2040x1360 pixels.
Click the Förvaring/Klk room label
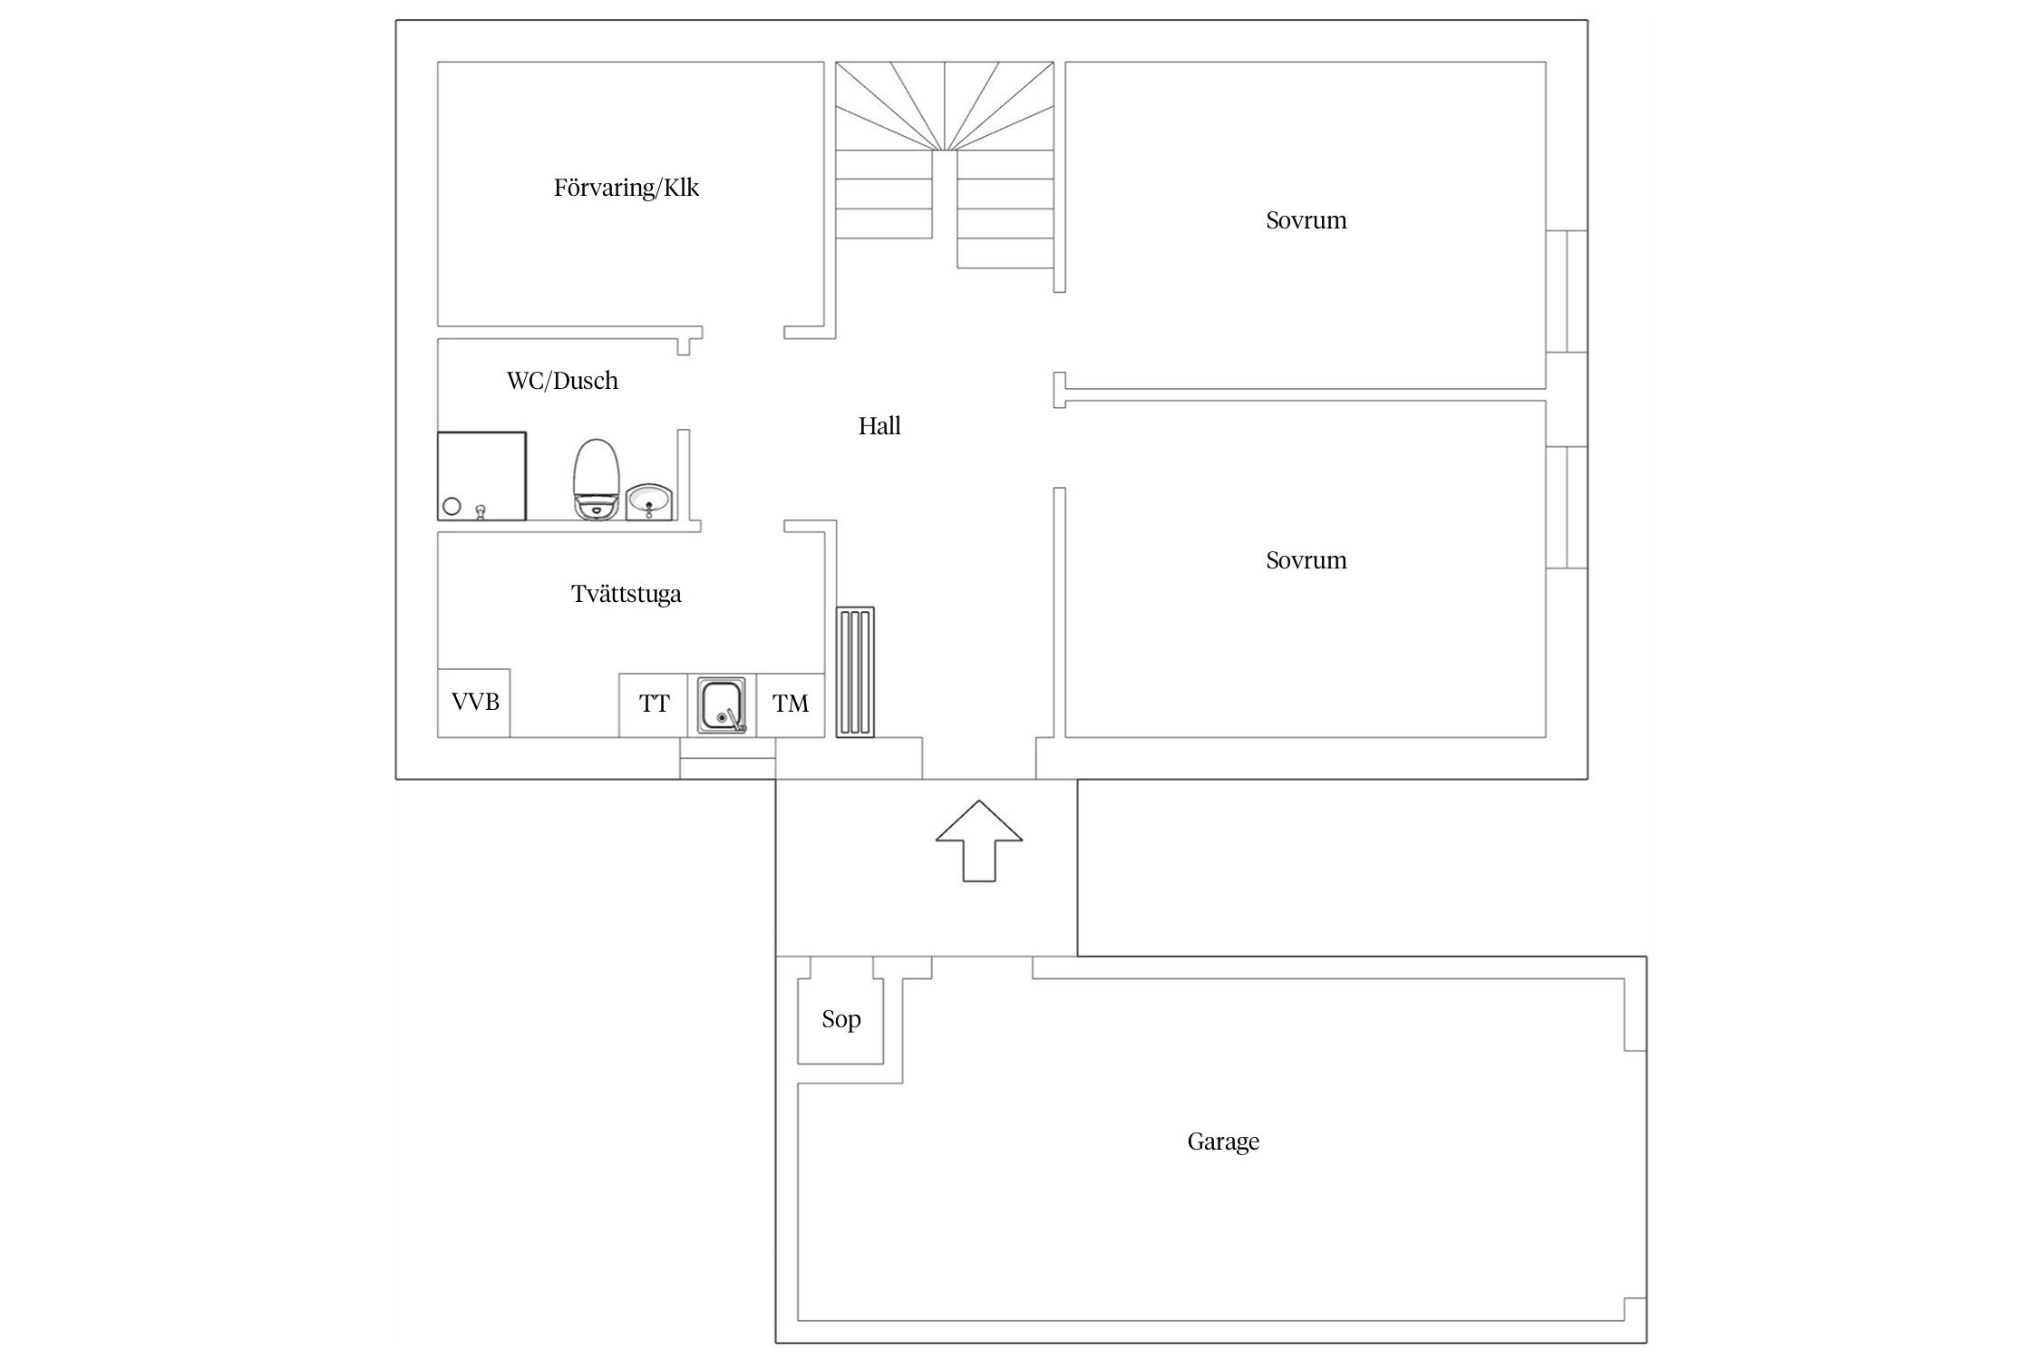(x=627, y=189)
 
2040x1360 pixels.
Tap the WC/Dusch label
(x=562, y=381)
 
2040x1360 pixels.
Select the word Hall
(x=879, y=426)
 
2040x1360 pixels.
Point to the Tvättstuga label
(x=627, y=595)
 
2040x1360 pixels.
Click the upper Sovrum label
(x=1307, y=220)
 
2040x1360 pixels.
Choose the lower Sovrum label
(x=1307, y=560)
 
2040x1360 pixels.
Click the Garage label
(x=1223, y=1141)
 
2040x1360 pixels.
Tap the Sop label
(x=841, y=1020)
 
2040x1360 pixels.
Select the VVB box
(x=474, y=703)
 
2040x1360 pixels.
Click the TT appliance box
(x=654, y=704)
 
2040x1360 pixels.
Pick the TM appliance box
(x=791, y=704)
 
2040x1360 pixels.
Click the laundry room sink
(x=723, y=705)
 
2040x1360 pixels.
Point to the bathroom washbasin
(x=649, y=501)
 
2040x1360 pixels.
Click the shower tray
(x=481, y=476)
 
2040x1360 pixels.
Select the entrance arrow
(x=979, y=840)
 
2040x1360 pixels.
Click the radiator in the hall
(x=856, y=672)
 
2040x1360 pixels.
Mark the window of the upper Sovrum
(x=1567, y=291)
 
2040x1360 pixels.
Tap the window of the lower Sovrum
(x=1567, y=508)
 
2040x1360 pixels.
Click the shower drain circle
(x=452, y=507)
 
